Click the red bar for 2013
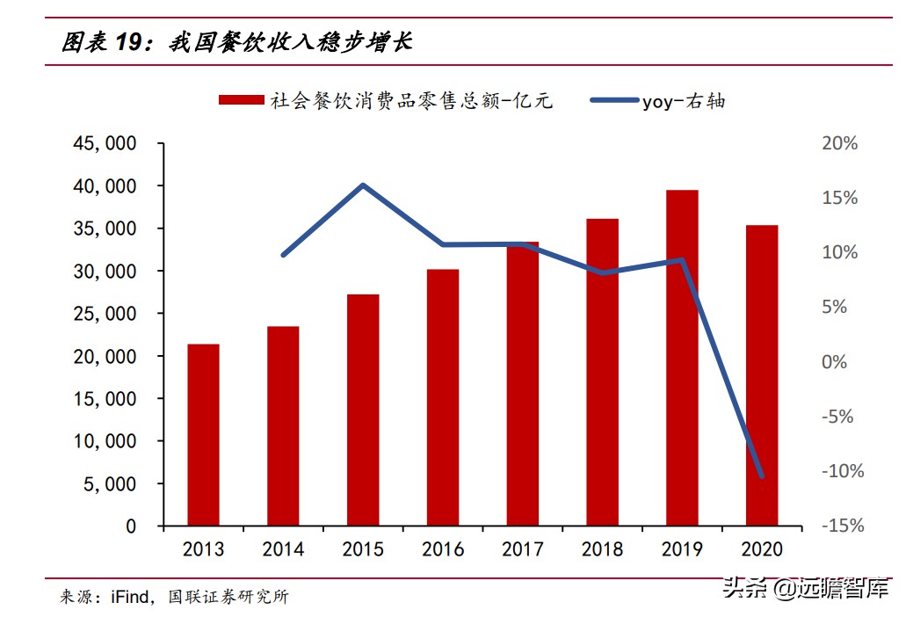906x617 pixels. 203,435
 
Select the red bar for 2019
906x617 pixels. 682,358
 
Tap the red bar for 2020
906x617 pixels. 762,375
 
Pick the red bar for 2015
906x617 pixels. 363,410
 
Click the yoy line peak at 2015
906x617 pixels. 363,185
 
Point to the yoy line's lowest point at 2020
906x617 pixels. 761,476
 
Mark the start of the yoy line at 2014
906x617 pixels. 284,255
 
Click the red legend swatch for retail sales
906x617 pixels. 241,100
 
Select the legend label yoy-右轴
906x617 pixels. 684,101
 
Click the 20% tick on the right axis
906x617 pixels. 839,143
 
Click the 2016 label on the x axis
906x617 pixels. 443,549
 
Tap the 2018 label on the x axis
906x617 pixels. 603,549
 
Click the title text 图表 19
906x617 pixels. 102,42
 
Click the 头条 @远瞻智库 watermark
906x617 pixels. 805,587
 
